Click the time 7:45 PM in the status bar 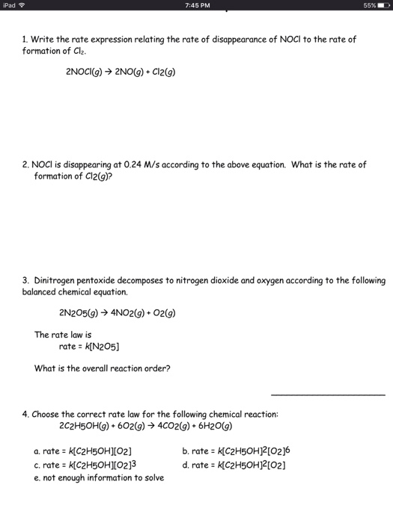tap(196, 7)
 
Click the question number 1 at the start tap(24, 40)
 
